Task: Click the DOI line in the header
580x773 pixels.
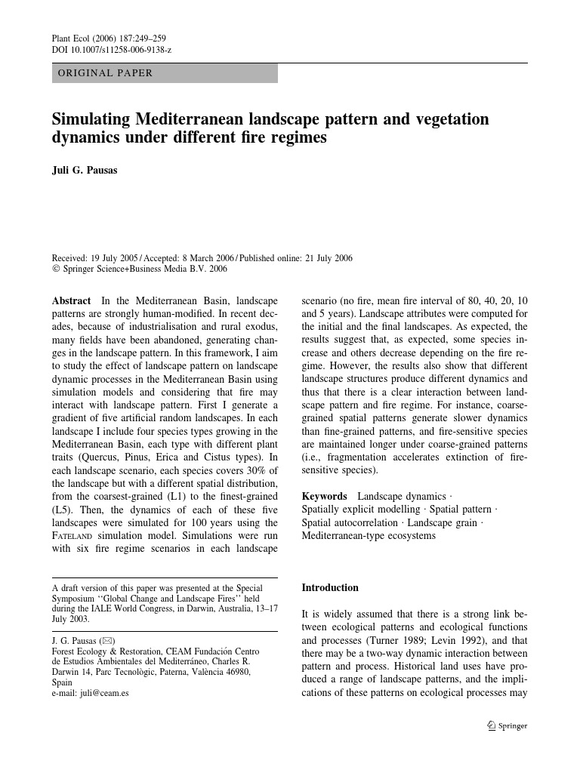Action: pos(111,50)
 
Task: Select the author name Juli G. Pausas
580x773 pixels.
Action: pos(85,170)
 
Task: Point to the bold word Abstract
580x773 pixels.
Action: pos(71,300)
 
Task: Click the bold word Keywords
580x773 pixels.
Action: pos(324,496)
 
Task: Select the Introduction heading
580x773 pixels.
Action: pos(330,587)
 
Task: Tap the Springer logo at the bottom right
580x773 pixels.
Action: pos(507,725)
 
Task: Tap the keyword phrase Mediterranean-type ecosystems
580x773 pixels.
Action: pos(369,536)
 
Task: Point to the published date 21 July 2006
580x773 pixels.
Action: pos(329,257)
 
